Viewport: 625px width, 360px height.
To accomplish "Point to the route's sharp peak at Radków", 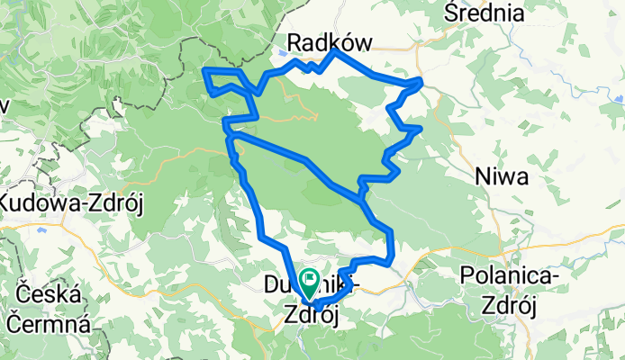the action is pos(335,51).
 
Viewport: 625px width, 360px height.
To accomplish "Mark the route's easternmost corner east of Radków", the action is pos(420,82).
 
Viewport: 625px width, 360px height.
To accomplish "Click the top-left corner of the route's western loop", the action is pos(206,70).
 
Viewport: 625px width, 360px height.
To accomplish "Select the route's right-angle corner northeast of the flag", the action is pos(392,232).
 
